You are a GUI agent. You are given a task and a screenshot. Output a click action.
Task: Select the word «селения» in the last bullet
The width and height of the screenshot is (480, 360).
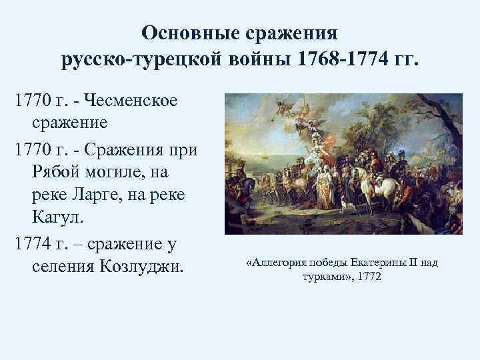(62, 267)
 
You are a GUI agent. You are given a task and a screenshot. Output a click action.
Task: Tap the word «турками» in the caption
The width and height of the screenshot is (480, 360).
(322, 276)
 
